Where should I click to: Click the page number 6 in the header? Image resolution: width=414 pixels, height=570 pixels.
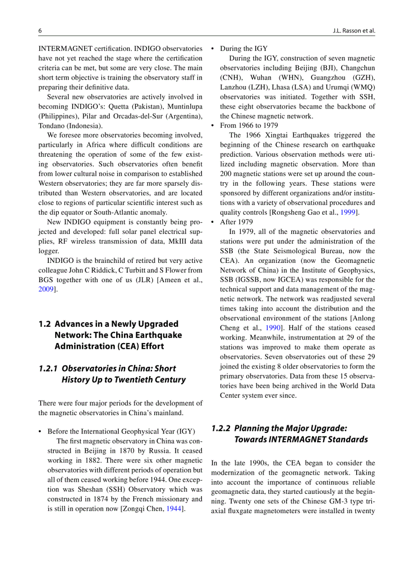[x=40, y=30]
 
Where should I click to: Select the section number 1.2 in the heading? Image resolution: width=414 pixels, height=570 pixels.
[x=45, y=324]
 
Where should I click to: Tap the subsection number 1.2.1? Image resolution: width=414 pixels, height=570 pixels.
[x=48, y=368]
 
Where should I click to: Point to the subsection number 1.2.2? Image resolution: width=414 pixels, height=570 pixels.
[x=221, y=428]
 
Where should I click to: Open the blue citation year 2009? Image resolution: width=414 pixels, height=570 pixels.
[x=45, y=289]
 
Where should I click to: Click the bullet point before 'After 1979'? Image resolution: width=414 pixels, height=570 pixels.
[x=213, y=222]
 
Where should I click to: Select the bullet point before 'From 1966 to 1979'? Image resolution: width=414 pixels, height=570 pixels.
[x=213, y=125]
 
